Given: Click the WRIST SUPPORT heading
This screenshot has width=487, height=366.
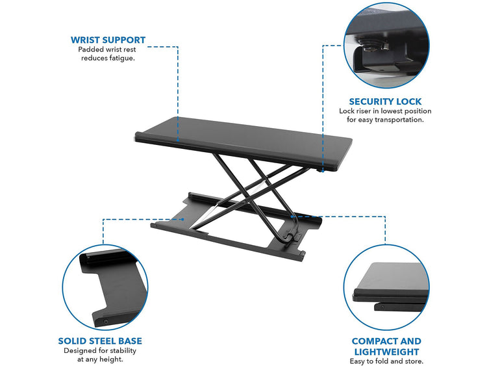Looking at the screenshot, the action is [108, 40].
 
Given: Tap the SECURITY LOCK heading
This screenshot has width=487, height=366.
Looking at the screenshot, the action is [385, 101].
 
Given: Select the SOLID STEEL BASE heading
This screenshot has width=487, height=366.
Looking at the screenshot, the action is [100, 341].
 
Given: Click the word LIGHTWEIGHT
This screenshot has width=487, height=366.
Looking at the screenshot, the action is [387, 352].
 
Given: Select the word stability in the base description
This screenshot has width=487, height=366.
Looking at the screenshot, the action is [123, 351].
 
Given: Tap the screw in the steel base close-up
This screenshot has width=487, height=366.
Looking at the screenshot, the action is [106, 321].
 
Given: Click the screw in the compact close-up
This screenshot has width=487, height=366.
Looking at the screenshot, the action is [382, 307].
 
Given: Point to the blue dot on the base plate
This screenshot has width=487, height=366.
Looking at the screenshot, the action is [183, 219].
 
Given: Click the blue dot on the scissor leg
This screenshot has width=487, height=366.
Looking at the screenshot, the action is [292, 216].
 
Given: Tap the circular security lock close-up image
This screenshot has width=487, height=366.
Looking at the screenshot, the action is [386, 46].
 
